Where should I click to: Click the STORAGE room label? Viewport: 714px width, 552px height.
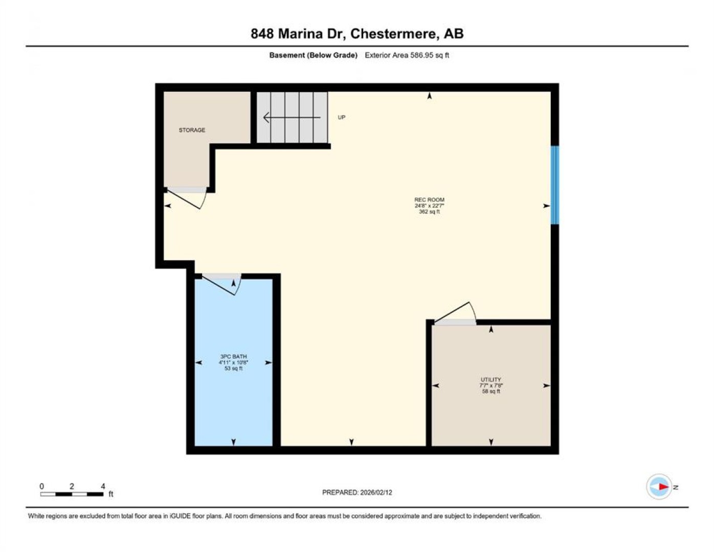click(x=192, y=130)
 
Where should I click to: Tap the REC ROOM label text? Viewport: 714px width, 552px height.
click(x=429, y=200)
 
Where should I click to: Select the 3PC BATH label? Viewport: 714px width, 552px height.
click(x=233, y=356)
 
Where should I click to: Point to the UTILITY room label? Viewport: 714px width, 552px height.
click(x=491, y=380)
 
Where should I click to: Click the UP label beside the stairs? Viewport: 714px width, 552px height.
click(x=341, y=117)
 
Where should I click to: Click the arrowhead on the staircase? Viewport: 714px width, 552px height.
click(x=266, y=117)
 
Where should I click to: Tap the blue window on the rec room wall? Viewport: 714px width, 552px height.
click(x=554, y=185)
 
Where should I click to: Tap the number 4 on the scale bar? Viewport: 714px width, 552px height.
click(x=103, y=486)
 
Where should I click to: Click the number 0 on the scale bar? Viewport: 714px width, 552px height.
click(x=42, y=486)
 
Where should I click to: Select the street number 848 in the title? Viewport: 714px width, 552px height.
click(x=262, y=34)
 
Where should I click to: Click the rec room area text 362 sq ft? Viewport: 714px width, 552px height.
click(x=429, y=212)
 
